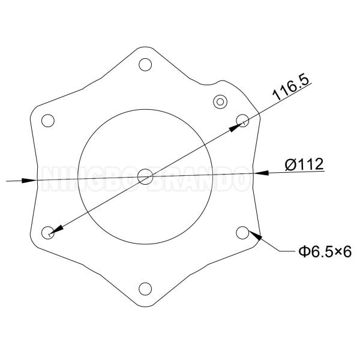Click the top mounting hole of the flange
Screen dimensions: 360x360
click(x=145, y=64)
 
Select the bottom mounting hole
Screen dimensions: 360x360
click(x=145, y=289)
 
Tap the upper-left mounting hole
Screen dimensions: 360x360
click(x=47, y=120)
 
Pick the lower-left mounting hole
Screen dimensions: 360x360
click(x=47, y=233)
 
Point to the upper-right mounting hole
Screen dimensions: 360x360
click(x=242, y=120)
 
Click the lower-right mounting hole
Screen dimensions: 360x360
click(x=242, y=232)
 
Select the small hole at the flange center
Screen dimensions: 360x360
click(x=145, y=176)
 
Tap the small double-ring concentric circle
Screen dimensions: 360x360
click(x=221, y=101)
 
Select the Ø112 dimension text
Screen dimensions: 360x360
click(x=304, y=164)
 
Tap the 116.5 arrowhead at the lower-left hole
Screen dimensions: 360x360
click(x=55, y=230)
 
